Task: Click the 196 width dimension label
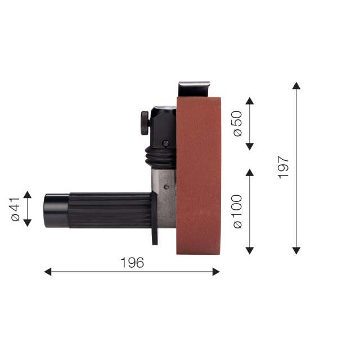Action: coord(132,263)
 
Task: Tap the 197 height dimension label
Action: coord(283,168)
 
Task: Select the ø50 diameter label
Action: coord(237,124)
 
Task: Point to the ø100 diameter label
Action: coord(237,211)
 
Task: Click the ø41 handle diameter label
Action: coord(16,209)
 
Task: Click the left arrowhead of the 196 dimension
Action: coord(47,272)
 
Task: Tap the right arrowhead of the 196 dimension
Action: coord(216,272)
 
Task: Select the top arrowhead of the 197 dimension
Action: coord(296,85)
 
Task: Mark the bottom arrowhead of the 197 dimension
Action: coord(296,251)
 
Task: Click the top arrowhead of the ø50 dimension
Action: coord(250,101)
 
